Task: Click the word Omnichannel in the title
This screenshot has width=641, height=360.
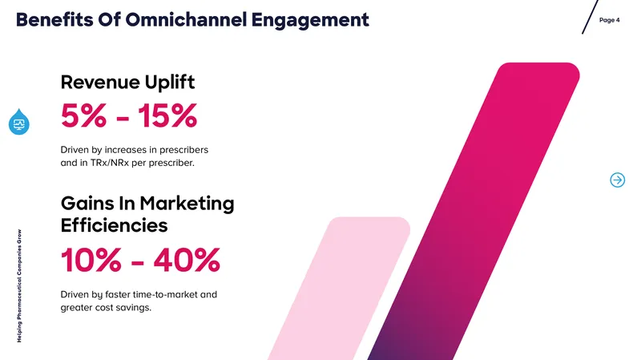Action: [x=186, y=19]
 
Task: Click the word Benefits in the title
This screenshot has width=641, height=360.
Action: [x=54, y=19]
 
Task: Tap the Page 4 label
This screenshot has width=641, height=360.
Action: [x=609, y=20]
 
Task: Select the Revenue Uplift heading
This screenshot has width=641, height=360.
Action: [x=127, y=82]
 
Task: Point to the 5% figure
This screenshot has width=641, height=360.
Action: [x=84, y=115]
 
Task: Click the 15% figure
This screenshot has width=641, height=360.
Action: [x=167, y=115]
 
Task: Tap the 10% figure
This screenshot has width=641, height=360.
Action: [x=91, y=260]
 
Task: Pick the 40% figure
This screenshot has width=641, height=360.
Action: [x=187, y=260]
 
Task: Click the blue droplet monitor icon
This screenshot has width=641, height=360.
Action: [x=18, y=122]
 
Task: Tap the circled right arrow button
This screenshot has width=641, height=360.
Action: [x=617, y=180]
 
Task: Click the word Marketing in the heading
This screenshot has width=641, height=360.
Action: [x=187, y=204]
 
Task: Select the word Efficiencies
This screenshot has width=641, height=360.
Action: [x=114, y=225]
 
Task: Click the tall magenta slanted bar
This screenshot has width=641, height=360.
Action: [x=474, y=211]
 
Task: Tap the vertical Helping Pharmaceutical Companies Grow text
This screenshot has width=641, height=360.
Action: [x=19, y=286]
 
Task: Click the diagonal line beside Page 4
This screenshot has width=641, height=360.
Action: [x=590, y=17]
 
